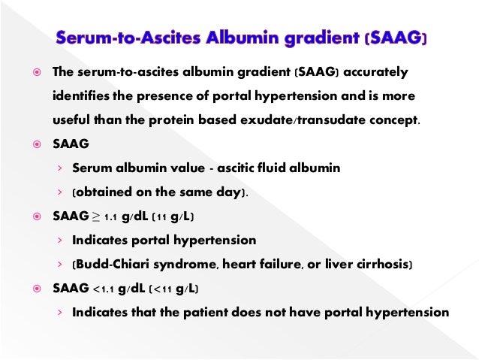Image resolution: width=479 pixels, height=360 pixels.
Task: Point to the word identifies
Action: [80, 97]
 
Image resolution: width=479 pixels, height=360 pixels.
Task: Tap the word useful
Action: [71, 121]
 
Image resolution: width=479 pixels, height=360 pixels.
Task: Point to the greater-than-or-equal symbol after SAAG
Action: [94, 217]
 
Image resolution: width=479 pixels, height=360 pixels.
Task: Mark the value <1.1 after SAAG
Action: [105, 289]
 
